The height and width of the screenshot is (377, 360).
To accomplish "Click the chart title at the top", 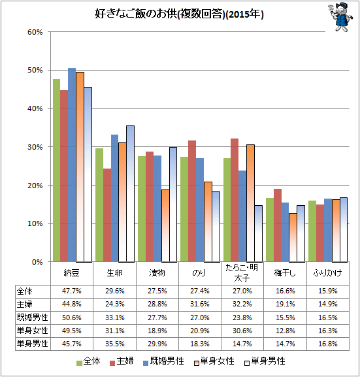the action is [179, 14].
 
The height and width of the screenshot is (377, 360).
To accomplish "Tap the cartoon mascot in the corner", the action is [340, 17].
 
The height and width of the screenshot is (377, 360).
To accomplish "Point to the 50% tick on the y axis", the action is [35, 70].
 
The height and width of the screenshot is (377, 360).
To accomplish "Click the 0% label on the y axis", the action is [37, 262].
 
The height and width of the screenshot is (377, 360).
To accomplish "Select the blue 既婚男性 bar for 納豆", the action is [72, 165].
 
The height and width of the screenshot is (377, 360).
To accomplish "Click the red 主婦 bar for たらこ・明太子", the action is [235, 200].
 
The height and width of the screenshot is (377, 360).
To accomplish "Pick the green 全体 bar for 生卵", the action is [99, 205].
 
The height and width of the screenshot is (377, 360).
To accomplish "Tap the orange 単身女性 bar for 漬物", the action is [165, 225].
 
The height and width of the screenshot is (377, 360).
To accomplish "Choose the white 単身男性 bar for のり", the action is [216, 227].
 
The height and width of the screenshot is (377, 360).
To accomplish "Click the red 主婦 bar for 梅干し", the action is [278, 225].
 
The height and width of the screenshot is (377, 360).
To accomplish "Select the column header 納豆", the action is [71, 273].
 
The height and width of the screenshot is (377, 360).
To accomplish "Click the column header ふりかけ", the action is [327, 273].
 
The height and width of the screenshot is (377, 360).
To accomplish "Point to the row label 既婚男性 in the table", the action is [32, 318].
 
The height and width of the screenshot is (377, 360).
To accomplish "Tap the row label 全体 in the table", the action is [25, 291].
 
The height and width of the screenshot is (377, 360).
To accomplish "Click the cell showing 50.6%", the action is [72, 318].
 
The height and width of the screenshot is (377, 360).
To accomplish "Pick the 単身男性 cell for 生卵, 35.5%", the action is [115, 344].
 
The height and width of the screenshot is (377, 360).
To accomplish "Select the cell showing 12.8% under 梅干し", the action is [286, 331].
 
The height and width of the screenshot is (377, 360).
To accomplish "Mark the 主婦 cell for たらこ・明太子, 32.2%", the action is [242, 304].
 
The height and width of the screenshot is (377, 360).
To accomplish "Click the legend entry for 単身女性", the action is [214, 361].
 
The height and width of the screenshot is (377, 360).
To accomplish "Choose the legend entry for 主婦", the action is [122, 361].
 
